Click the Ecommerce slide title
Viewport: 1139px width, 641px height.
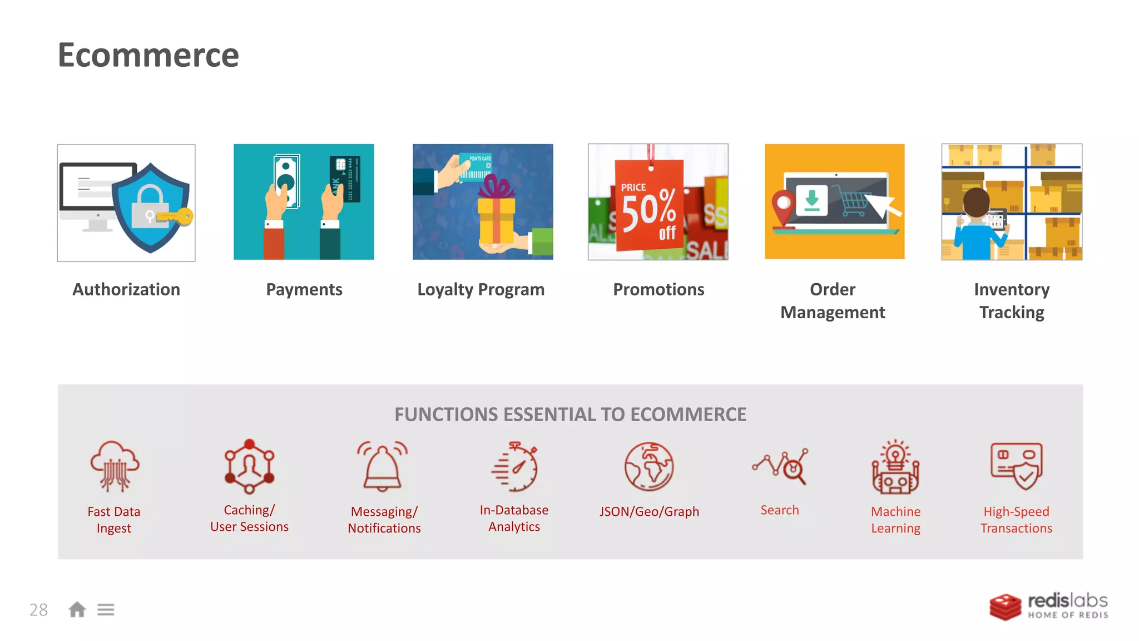click(148, 55)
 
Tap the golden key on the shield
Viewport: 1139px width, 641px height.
click(177, 217)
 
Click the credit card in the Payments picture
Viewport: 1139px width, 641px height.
click(345, 178)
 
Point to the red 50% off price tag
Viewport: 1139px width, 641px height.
click(649, 206)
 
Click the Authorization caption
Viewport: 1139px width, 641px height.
click(126, 289)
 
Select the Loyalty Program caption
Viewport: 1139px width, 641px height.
click(481, 289)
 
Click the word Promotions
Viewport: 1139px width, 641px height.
click(658, 289)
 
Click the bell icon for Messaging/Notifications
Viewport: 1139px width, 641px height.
click(383, 467)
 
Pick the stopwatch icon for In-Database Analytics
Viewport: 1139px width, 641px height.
click(516, 467)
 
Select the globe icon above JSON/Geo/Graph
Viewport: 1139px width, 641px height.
click(648, 467)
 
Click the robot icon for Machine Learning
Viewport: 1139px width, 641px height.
click(895, 468)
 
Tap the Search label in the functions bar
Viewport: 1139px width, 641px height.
click(780, 510)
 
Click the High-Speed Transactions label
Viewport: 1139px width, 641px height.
click(1016, 520)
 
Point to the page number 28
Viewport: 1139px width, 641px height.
click(39, 610)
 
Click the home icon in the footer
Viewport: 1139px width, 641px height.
click(77, 610)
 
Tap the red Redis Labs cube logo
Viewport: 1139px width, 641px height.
click(1005, 607)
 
